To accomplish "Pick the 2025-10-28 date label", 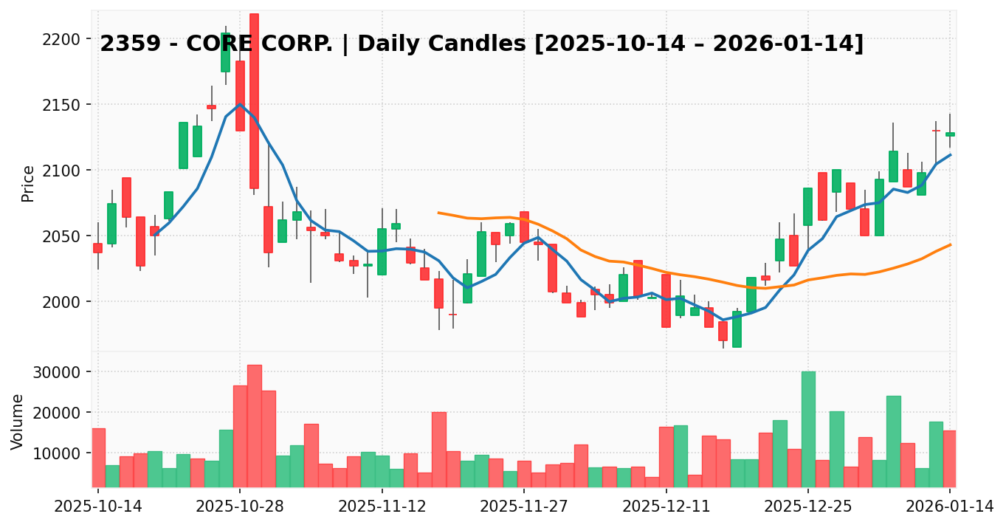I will point(239,507).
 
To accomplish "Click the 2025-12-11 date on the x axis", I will point(666,507).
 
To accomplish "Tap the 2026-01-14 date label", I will point(950,507).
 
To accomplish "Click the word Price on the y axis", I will point(28,183).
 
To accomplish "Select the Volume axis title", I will point(18,422).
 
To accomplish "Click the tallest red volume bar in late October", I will point(255,425).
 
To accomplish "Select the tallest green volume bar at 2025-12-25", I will point(808,428).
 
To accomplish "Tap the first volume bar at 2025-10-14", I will point(98,457).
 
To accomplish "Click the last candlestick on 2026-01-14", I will point(950,134).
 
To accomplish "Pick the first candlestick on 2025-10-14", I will point(98,248).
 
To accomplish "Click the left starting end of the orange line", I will point(438,213).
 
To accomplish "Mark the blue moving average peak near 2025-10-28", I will point(240,104).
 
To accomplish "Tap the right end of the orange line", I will point(951,244).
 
